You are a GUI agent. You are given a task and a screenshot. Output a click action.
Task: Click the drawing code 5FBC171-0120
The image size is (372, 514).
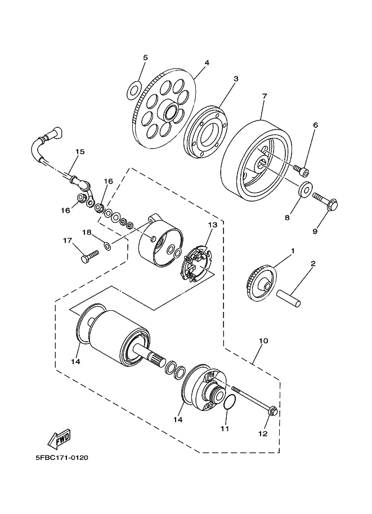tap(61, 457)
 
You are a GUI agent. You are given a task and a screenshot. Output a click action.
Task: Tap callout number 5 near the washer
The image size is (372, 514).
tap(145, 57)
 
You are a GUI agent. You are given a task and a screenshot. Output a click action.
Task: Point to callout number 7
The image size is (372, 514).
tap(264, 96)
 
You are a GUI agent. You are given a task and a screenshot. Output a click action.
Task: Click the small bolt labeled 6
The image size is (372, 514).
tap(302, 169)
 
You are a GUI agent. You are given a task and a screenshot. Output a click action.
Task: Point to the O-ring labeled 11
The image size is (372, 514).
tap(228, 404)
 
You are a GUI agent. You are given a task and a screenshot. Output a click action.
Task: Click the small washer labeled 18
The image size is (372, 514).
tap(107, 245)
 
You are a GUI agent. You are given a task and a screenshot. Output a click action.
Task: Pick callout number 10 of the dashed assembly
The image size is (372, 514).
tap(263, 341)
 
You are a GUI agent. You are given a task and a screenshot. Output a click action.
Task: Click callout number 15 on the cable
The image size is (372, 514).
tap(80, 151)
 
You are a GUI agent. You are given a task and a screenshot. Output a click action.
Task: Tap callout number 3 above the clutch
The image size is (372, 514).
tap(236, 79)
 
